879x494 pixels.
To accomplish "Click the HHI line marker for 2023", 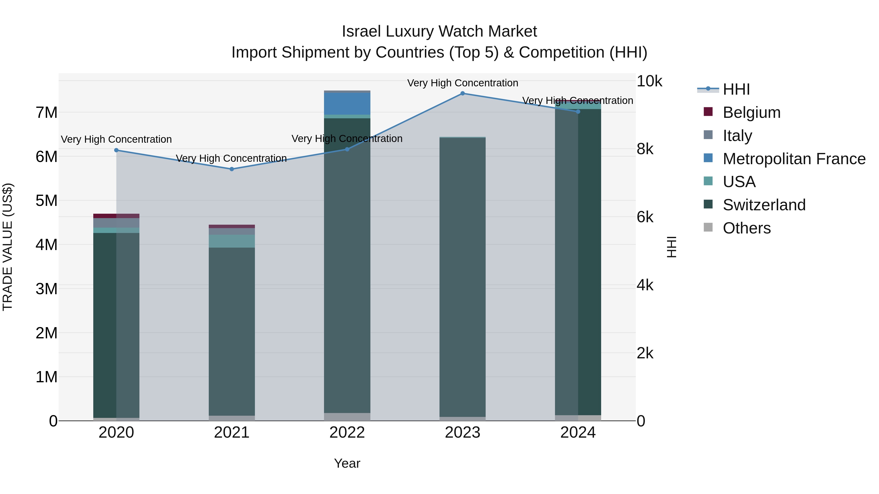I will [462, 93].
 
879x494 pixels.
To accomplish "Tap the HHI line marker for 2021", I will [231, 169].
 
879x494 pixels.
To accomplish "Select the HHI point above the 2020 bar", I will [116, 150].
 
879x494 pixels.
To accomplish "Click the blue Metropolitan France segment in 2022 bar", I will [347, 104].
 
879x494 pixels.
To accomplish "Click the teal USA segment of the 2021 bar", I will [232, 241].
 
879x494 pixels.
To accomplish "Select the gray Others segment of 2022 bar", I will [347, 417].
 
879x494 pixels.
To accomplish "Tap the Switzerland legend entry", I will [764, 205].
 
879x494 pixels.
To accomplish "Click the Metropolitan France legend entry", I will [794, 159].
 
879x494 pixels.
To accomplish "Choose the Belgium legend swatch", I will [708, 112].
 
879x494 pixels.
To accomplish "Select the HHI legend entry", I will [736, 89].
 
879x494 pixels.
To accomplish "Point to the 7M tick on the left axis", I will [46, 112].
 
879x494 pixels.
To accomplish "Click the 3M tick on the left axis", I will [46, 289].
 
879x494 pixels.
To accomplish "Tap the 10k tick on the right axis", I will [649, 81].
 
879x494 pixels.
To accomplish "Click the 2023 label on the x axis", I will [462, 433].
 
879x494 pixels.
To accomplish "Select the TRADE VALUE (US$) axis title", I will [8, 247].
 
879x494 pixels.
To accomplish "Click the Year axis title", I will [347, 463].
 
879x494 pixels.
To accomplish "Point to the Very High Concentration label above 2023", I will [462, 83].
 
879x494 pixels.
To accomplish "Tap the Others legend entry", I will [746, 228].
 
